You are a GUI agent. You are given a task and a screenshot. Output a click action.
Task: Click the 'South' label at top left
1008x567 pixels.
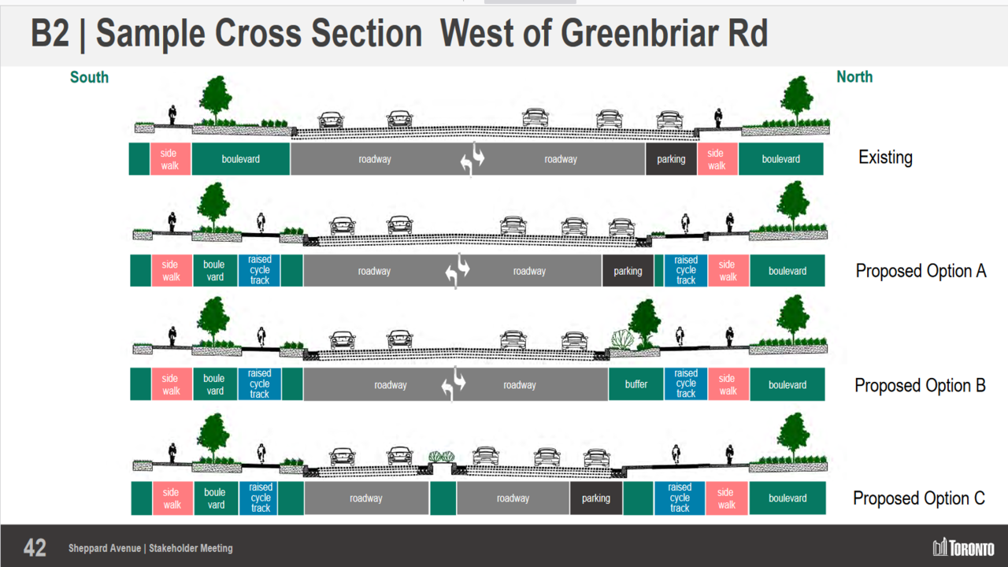click(89, 77)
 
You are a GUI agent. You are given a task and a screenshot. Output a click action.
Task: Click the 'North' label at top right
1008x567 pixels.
click(854, 76)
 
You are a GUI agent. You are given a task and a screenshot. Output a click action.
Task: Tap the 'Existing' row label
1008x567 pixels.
click(885, 157)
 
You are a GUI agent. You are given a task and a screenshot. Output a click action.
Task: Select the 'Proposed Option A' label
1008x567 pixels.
click(921, 271)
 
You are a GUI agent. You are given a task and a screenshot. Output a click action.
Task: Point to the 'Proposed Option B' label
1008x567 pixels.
click(920, 386)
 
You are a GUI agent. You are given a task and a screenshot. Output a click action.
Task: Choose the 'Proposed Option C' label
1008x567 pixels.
click(919, 498)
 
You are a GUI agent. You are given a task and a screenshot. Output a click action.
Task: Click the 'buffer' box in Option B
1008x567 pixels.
click(636, 384)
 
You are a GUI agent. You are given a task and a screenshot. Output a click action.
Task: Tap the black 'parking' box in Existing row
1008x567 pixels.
click(671, 159)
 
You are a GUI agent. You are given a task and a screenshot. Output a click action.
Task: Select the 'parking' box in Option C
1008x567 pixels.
click(595, 498)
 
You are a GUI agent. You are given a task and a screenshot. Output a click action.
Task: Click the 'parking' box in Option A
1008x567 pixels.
click(628, 271)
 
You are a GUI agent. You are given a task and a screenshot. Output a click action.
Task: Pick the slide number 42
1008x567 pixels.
click(35, 548)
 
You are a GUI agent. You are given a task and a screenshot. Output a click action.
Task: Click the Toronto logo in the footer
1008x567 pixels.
click(963, 548)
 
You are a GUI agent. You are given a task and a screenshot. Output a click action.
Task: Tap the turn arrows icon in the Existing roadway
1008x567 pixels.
click(472, 160)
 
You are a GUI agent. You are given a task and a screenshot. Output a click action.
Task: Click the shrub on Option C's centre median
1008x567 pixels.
click(442, 456)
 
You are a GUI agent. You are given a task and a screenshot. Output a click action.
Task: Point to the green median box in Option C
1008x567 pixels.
click(443, 498)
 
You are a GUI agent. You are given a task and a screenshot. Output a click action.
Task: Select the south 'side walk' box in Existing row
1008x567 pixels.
click(170, 159)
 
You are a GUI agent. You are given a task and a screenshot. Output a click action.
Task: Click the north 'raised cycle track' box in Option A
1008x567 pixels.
click(686, 270)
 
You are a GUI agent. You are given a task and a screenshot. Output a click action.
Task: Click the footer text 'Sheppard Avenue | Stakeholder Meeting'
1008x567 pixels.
click(150, 548)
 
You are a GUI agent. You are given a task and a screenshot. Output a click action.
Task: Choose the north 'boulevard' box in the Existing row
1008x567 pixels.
click(780, 159)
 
